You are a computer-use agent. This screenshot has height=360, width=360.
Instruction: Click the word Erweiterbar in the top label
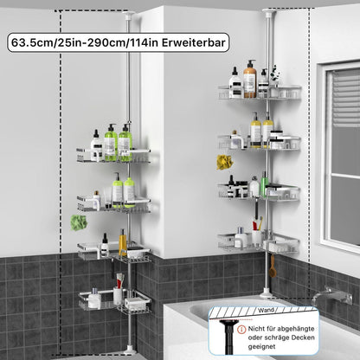click(193, 42)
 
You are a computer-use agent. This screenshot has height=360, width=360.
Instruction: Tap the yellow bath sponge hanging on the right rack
click(224, 162)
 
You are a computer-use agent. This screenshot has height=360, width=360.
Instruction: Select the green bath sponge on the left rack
click(79, 222)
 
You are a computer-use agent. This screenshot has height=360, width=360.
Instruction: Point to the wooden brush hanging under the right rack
click(273, 267)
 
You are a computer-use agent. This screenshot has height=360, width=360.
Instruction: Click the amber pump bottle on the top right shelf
click(250, 79)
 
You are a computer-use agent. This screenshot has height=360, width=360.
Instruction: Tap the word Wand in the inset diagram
click(266, 311)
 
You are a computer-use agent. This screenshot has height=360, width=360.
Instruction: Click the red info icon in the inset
click(241, 330)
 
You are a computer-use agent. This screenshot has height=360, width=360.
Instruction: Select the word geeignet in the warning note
click(261, 347)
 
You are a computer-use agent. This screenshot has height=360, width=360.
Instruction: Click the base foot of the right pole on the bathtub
click(266, 294)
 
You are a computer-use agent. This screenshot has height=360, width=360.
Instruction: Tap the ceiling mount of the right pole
click(268, 11)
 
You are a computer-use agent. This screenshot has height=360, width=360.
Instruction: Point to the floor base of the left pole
click(129, 350)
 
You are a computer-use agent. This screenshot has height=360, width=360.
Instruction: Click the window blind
click(346, 99)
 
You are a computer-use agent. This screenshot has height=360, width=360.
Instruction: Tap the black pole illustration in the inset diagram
click(228, 336)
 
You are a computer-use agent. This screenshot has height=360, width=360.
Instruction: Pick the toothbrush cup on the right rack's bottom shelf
click(257, 239)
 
